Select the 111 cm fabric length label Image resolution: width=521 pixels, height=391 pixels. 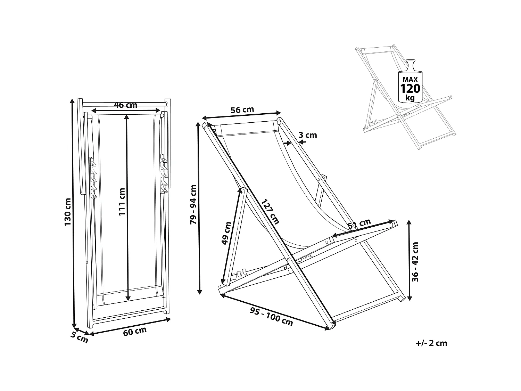point(122,202)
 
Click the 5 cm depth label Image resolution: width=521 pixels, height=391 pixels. point(80,337)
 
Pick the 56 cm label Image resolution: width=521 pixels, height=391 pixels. point(242,110)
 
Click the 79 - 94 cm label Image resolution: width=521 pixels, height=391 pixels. point(193,204)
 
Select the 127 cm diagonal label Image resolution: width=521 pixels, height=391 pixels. point(270,212)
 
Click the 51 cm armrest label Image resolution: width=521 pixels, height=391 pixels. point(359,224)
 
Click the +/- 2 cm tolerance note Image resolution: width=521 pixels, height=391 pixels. point(431,343)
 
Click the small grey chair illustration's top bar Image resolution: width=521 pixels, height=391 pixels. point(377,50)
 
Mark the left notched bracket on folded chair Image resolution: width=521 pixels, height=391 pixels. point(93,179)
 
